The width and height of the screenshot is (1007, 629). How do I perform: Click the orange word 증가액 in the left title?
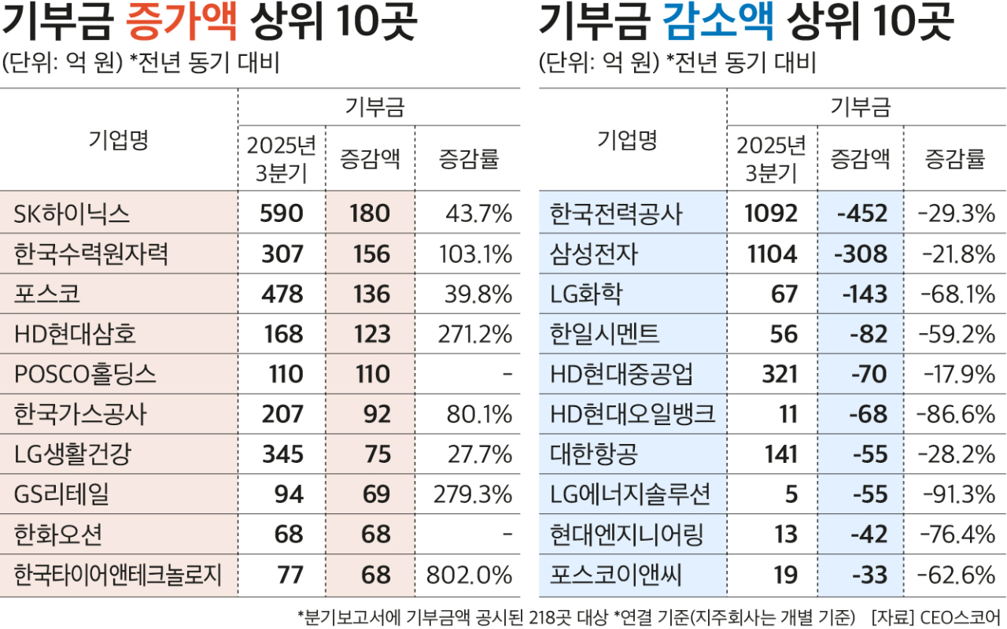tap(182, 24)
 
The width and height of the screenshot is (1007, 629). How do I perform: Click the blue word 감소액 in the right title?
tap(718, 24)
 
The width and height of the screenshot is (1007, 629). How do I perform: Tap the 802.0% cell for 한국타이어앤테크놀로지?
tap(469, 575)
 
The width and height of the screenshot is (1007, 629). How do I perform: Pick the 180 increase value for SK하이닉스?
tap(370, 213)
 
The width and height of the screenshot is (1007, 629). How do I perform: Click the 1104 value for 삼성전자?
tap(773, 253)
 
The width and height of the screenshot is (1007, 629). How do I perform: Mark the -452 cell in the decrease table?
tap(863, 213)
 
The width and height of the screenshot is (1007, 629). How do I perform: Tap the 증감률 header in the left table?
tap(468, 160)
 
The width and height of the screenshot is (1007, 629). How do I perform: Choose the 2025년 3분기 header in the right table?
tap(771, 158)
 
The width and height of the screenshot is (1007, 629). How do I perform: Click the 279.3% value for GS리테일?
tap(473, 494)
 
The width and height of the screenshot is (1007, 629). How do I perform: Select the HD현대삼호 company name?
tap(76, 334)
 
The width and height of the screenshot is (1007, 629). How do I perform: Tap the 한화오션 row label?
tap(57, 535)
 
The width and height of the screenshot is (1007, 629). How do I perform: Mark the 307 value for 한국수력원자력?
tap(281, 253)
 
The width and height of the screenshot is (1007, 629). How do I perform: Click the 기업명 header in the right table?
tap(627, 140)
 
